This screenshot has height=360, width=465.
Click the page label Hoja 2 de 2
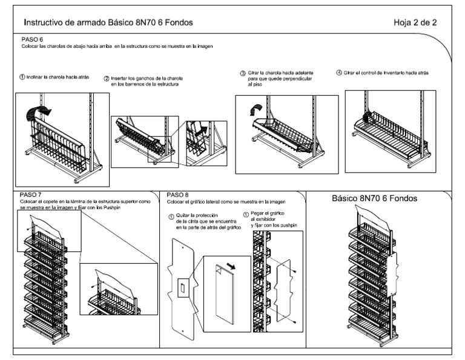415,22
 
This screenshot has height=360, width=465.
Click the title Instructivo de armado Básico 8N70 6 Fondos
108,22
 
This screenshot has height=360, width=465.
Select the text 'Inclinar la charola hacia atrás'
58,78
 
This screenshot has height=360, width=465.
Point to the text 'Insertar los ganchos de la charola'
147,79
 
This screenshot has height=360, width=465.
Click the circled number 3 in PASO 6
243,73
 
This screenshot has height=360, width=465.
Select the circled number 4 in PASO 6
339,72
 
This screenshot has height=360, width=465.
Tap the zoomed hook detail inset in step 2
206,141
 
